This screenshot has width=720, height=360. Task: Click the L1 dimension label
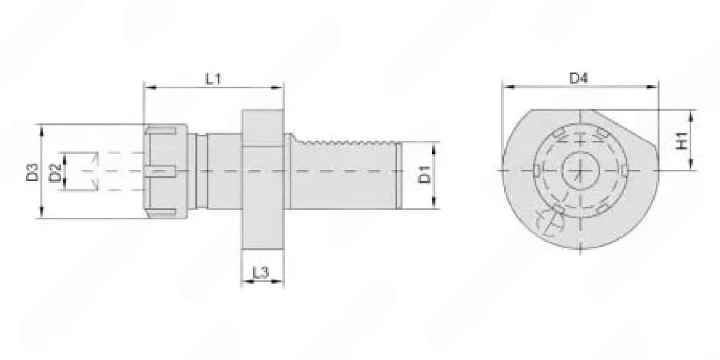[214, 79]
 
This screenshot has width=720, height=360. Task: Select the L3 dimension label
[260, 273]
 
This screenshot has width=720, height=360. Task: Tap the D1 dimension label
[425, 174]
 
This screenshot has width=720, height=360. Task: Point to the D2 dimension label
[55, 172]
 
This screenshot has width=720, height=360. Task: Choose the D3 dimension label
[33, 172]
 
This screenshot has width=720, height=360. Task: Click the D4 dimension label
[579, 78]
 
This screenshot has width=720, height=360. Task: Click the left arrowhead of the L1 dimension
[150, 87]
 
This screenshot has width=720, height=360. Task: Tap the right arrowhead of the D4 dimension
[652, 87]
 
